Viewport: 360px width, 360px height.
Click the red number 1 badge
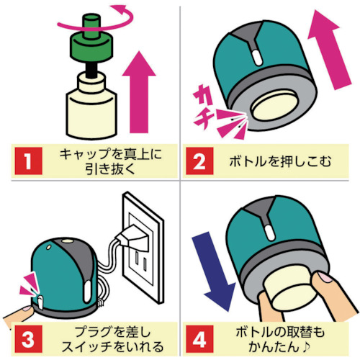click(x=28, y=161)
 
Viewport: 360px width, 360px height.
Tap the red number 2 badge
click(x=199, y=161)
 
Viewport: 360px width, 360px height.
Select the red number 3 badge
click(x=28, y=339)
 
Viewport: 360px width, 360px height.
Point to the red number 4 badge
click(x=199, y=339)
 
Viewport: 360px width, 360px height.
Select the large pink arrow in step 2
click(x=330, y=50)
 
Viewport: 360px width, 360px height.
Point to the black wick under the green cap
click(x=91, y=70)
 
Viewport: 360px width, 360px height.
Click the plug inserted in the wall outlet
click(x=132, y=238)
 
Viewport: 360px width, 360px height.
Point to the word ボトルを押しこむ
click(x=280, y=161)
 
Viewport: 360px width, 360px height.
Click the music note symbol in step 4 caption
click(x=306, y=346)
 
